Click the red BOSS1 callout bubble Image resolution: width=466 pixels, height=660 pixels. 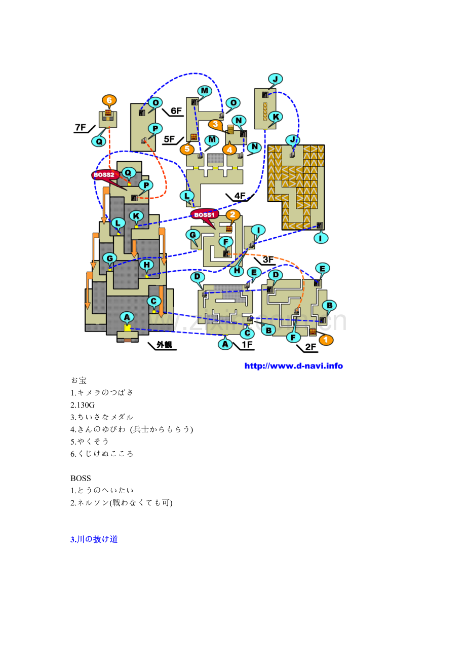tap(204, 215)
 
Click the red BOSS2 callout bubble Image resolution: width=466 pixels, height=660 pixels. tap(105, 175)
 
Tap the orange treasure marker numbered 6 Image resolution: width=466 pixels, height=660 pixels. tap(109, 100)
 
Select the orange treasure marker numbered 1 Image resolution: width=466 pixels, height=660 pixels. tap(326, 340)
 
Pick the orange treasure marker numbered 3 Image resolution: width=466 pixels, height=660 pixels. tap(215, 124)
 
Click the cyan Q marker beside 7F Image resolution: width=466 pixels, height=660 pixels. tap(99, 141)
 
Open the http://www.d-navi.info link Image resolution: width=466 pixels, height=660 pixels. tap(293, 366)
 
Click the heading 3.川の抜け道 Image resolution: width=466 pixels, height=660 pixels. tap(94, 539)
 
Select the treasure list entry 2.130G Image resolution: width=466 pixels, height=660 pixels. tap(83, 405)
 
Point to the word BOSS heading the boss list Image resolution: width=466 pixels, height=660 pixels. tap(81, 478)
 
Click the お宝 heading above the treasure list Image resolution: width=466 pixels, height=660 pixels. tap(79, 380)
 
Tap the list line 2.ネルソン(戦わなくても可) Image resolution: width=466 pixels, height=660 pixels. tap(121, 503)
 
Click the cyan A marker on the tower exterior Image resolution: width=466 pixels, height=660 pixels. tap(127, 317)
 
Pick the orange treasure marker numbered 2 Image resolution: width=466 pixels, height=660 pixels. tap(233, 215)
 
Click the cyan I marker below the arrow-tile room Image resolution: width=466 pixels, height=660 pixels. tap(321, 238)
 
